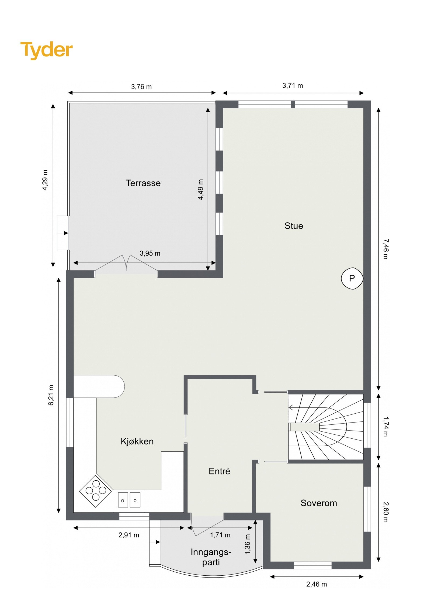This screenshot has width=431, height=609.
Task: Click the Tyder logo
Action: pyautogui.click(x=46, y=50)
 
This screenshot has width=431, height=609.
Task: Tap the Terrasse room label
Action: pyautogui.click(x=143, y=183)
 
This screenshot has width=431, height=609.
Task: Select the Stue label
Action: pyautogui.click(x=294, y=226)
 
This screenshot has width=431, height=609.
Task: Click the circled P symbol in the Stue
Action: pyautogui.click(x=352, y=278)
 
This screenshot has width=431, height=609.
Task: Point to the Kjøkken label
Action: pyautogui.click(x=137, y=441)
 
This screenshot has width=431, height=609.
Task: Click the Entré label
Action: pyautogui.click(x=219, y=471)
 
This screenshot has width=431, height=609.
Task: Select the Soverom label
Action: pyautogui.click(x=319, y=503)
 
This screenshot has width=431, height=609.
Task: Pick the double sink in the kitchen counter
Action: pyautogui.click(x=129, y=500)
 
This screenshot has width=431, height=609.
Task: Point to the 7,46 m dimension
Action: pyautogui.click(x=386, y=249)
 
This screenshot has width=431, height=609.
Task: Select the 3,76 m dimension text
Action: pyautogui.click(x=141, y=87)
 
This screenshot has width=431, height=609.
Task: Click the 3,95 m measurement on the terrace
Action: pyautogui.click(x=150, y=253)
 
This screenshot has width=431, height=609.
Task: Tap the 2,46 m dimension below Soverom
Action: pyautogui.click(x=317, y=584)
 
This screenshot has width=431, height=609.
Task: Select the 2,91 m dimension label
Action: pyautogui.click(x=129, y=535)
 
